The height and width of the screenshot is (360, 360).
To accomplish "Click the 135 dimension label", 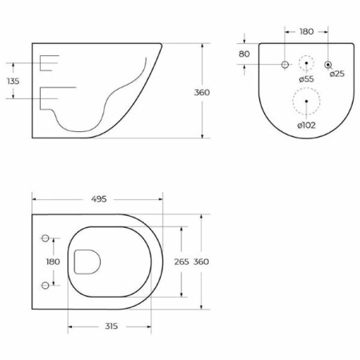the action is (x=14, y=81).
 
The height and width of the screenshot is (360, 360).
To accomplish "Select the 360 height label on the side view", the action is (x=202, y=93).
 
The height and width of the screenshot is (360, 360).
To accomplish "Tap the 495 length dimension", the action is (x=98, y=199).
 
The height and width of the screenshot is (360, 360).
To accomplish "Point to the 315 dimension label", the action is (x=111, y=326).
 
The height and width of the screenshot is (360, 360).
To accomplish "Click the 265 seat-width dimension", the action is (x=182, y=262).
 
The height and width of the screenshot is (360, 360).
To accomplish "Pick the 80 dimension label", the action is (x=244, y=54).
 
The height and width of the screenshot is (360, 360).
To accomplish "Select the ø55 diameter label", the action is (x=306, y=79).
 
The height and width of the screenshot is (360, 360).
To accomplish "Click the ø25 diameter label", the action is (x=337, y=74).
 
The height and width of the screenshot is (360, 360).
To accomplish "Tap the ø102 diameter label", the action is (x=306, y=125).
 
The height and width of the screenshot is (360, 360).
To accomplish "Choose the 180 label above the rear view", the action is (x=306, y=32).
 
